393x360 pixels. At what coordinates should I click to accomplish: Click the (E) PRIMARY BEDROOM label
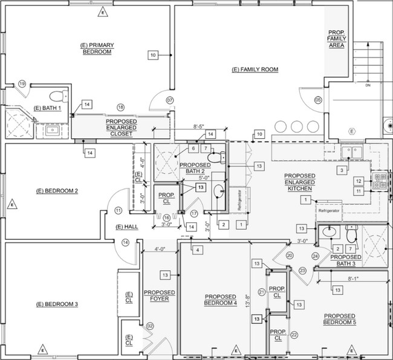97,49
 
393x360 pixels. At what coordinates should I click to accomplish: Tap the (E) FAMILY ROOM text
255,70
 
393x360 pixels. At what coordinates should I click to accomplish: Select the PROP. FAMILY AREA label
336,40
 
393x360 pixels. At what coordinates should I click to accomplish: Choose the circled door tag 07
170,100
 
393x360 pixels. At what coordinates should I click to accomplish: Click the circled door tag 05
318,100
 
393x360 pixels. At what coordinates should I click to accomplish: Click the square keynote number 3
342,171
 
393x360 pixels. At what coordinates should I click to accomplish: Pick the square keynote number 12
359,181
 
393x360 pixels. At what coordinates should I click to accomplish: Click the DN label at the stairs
368,85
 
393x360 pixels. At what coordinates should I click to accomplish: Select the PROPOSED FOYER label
159,296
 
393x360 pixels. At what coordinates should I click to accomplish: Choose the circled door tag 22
294,335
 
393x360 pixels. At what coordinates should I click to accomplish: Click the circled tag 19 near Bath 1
22,84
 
